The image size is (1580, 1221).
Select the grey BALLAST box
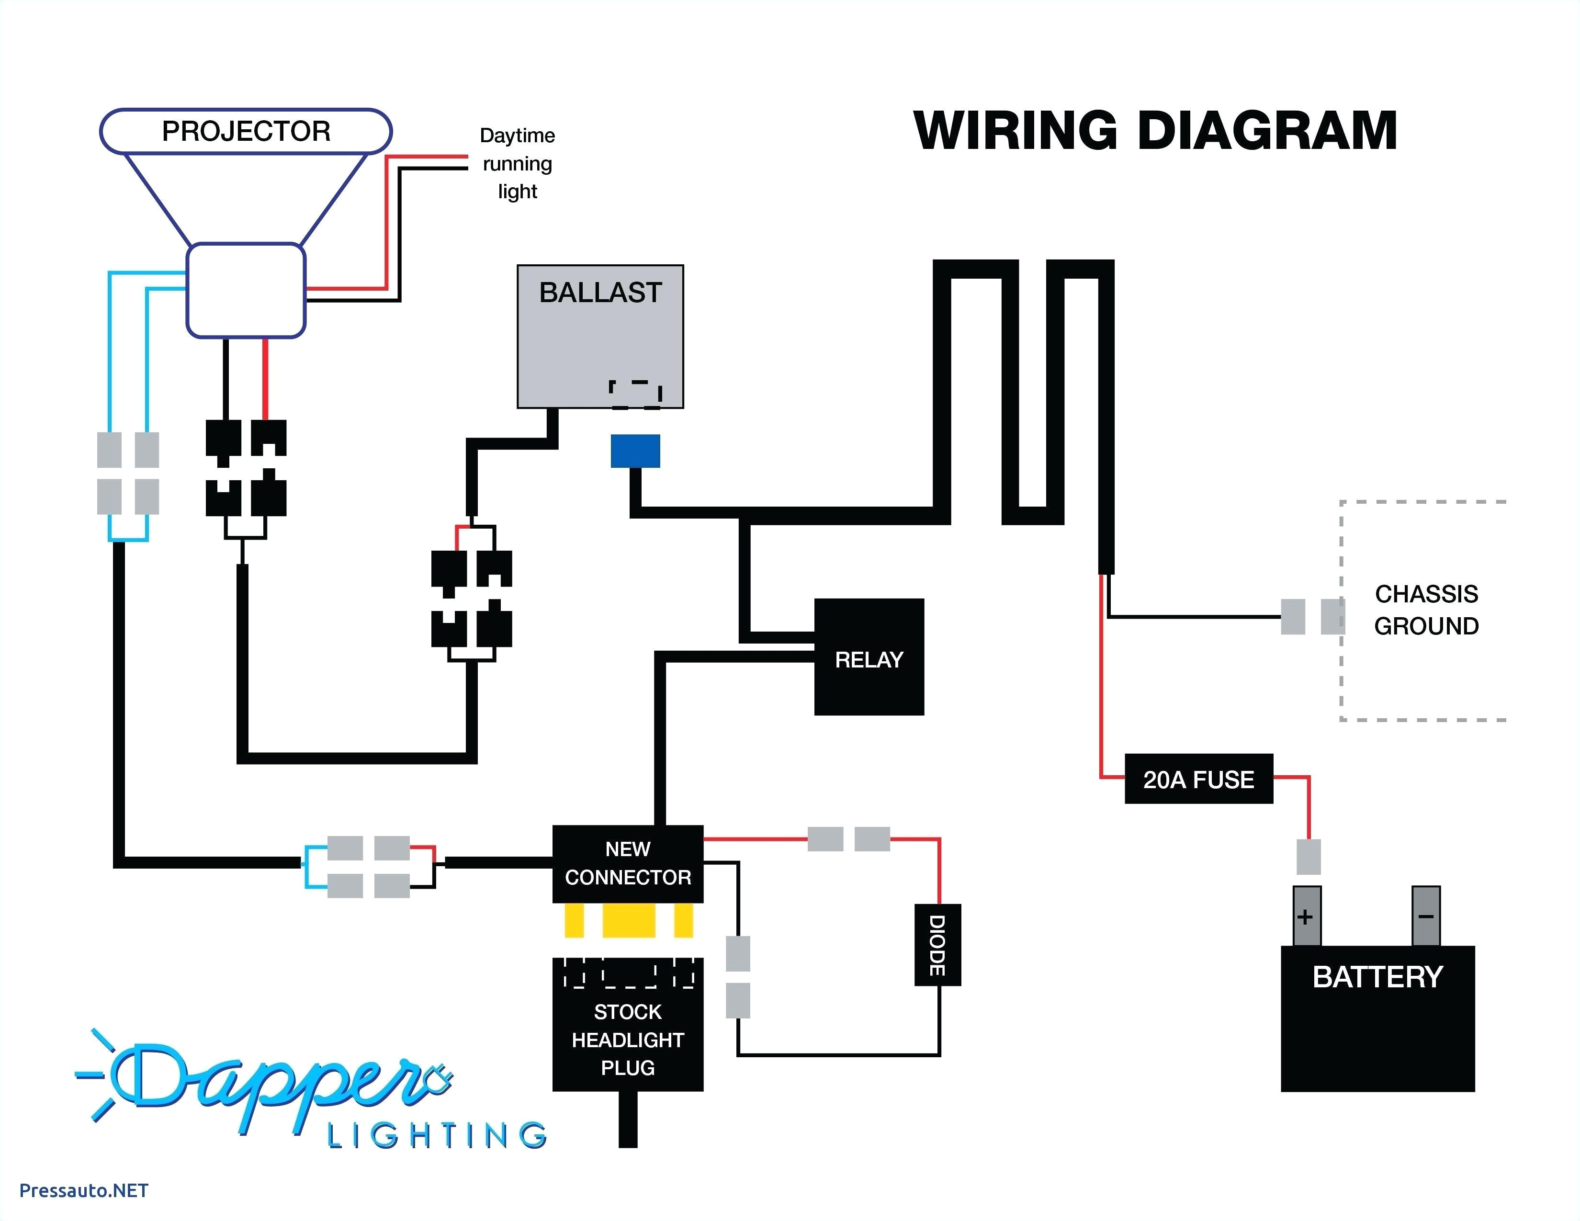pyautogui.click(x=600, y=336)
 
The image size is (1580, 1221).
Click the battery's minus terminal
pyautogui.click(x=1425, y=916)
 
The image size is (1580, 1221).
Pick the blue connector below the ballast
pyautogui.click(x=635, y=451)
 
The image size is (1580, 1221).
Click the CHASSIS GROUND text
pyautogui.click(x=1426, y=609)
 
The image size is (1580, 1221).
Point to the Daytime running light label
pyautogui.click(x=517, y=163)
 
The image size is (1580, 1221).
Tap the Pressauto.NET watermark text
pyautogui.click(x=83, y=1190)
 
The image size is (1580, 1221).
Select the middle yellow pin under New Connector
pyautogui.click(x=628, y=921)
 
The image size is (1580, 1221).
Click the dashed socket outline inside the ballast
pyautogui.click(x=635, y=394)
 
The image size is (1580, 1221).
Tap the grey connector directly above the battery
pyautogui.click(x=1308, y=857)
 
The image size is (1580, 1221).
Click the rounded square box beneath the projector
pyautogui.click(x=246, y=290)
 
